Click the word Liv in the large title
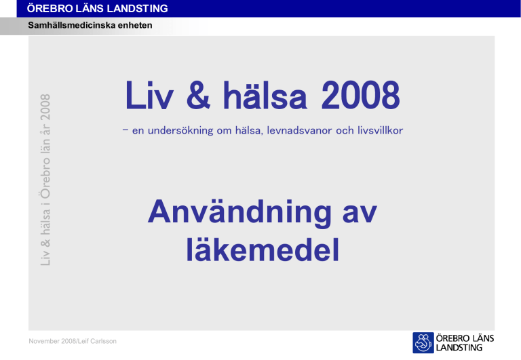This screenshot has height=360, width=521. coord(149,96)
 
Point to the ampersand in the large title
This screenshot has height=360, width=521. coord(198,96)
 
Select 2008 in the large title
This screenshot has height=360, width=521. coord(360,96)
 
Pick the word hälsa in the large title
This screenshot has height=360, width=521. coord(265,96)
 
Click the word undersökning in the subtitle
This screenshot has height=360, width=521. coord(180,131)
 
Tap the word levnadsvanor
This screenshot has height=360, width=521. coord(299,131)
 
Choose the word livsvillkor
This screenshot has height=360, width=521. coord(380,131)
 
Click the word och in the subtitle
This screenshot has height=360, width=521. coord(345,131)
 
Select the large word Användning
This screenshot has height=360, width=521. coord(239,213)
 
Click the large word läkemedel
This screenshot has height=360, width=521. coord(263,249)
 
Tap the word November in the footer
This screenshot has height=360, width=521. coord(44,341)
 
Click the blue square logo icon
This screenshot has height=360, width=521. coord(423,343)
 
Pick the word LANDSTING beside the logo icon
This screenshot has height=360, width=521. coord(459,348)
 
